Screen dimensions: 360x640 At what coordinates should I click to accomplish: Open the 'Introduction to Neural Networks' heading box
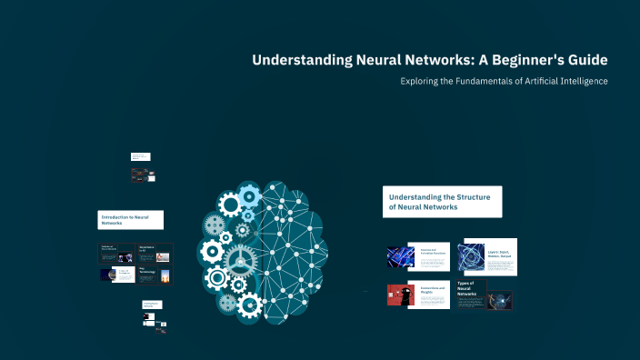click(131, 219)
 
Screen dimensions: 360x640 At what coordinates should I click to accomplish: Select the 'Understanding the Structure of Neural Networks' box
click(442, 202)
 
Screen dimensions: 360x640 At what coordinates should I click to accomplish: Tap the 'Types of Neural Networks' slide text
click(469, 289)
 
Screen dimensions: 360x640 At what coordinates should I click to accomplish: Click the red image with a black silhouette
click(400, 295)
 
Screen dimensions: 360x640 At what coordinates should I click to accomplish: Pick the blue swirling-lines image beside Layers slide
click(474, 256)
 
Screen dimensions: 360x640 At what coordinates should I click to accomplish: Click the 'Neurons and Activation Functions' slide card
click(434, 256)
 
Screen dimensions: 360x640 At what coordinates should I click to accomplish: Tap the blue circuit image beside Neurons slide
click(400, 257)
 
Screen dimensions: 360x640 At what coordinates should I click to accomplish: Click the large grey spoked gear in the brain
click(240, 259)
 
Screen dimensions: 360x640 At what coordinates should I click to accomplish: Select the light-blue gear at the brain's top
click(248, 194)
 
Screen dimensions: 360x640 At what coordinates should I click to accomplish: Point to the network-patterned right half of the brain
click(293, 245)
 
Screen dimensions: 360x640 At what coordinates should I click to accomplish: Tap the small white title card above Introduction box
click(140, 156)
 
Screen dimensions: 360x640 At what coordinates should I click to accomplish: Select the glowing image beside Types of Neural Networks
click(500, 299)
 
